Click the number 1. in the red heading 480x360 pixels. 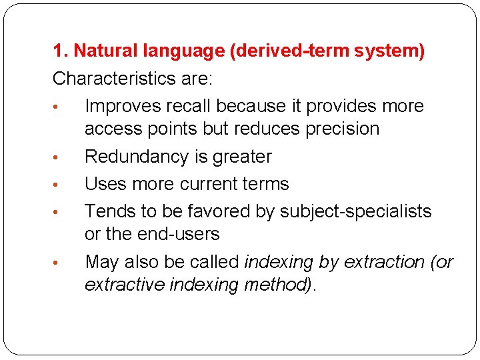61,51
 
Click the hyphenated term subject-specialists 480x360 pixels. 355,211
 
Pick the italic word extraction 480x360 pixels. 381,262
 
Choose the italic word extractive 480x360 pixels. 124,285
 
